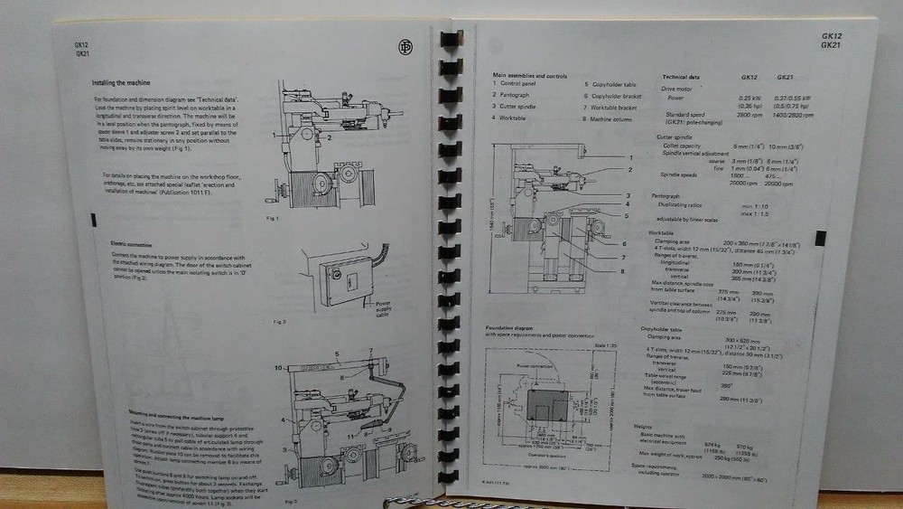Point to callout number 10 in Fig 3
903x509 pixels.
tap(281, 367)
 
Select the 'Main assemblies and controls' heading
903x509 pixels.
tap(530, 75)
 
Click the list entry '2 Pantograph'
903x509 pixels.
tap(515, 94)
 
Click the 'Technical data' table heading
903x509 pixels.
tap(688, 78)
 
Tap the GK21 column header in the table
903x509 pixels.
tap(785, 78)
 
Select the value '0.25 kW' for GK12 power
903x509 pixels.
tap(751, 98)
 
